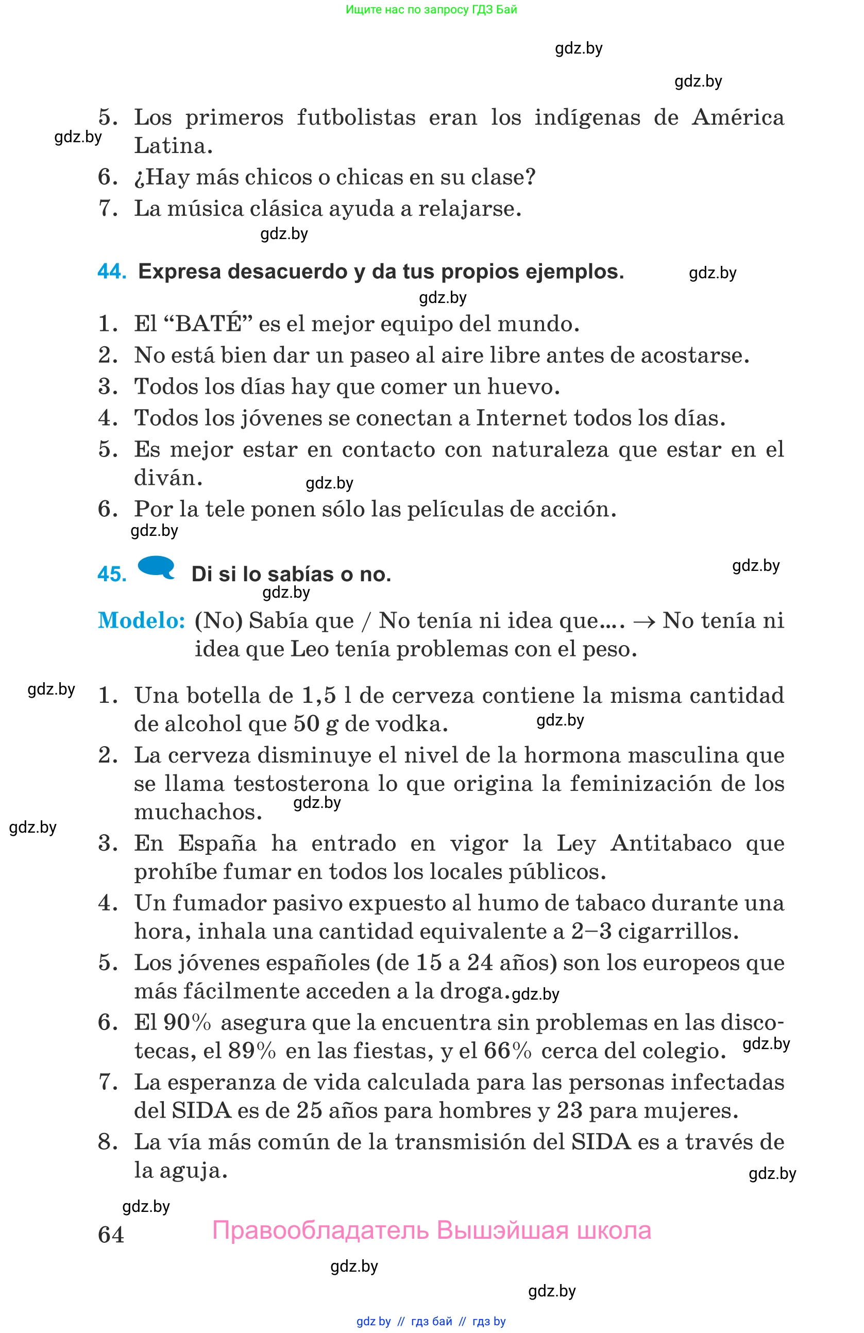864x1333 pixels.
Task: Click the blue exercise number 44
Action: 111,272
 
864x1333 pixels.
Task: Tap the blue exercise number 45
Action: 111,574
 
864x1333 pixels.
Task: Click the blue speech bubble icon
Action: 156,566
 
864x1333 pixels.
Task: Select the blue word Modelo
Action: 141,620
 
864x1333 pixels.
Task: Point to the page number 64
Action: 111,1235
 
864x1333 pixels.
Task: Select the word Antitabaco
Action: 670,843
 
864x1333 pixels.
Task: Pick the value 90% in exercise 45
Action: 187,1023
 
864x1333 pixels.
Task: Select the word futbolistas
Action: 356,117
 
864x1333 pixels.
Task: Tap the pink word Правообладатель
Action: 320,1230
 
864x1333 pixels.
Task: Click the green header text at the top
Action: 431,9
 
